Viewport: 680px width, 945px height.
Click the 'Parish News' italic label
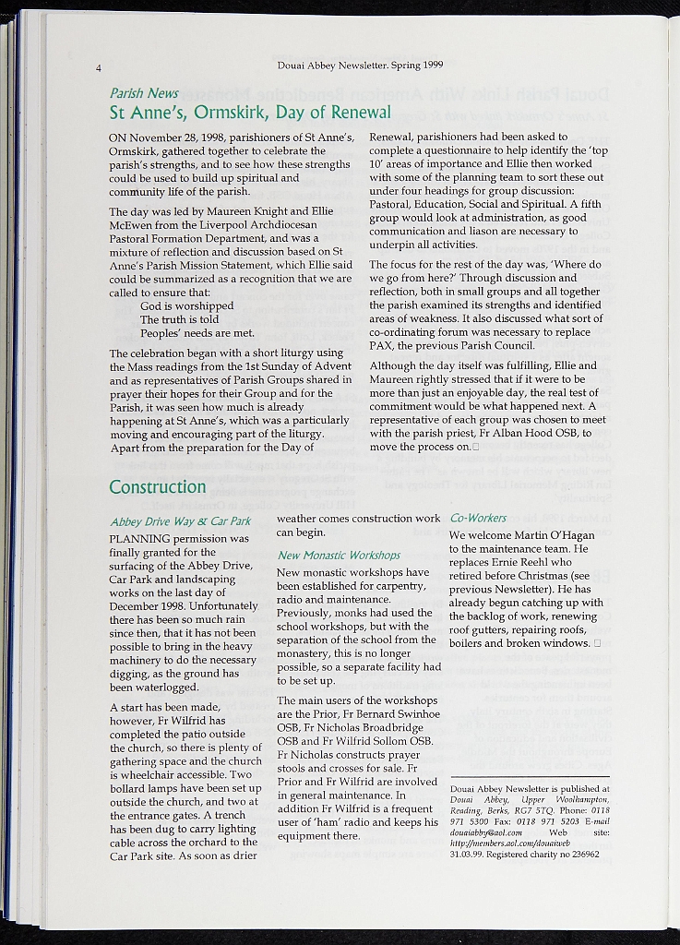[x=144, y=93]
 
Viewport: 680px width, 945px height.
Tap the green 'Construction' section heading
[x=158, y=486]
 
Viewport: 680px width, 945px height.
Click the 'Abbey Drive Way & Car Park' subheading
[x=180, y=521]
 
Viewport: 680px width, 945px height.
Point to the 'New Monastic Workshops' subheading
[x=339, y=556]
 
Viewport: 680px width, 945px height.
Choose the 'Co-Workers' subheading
[x=478, y=519]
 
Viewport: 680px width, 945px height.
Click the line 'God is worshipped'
[x=186, y=305]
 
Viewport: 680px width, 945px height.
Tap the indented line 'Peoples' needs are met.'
[x=197, y=333]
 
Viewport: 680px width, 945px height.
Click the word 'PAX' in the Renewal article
[x=381, y=346]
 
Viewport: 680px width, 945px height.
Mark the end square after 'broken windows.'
[x=598, y=643]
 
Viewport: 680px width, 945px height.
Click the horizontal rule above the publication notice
[x=530, y=777]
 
